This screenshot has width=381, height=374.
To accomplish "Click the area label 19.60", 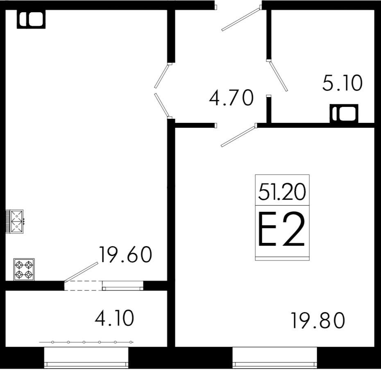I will (125, 255).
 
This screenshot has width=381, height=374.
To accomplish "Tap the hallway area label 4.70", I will (231, 98).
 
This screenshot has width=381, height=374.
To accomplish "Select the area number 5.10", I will (342, 83).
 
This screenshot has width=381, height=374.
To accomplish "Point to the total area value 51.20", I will (282, 192).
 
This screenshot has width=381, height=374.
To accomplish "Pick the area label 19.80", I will (318, 320).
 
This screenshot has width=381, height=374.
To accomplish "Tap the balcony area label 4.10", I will (114, 318).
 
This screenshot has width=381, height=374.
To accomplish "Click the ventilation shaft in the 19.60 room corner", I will (31, 19).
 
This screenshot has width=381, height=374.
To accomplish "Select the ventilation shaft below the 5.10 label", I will (344, 113).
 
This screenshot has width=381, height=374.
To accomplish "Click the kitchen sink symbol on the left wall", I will (15, 221).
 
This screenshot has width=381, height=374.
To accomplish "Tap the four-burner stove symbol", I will (24, 270).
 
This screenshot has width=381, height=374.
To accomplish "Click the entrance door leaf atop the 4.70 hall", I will (241, 18).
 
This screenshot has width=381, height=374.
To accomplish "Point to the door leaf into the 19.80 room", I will (238, 136).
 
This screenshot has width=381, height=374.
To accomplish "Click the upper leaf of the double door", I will (162, 76).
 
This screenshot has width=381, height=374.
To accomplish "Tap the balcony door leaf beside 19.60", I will (81, 272).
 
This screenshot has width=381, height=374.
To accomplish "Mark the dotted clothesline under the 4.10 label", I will (86, 342).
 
